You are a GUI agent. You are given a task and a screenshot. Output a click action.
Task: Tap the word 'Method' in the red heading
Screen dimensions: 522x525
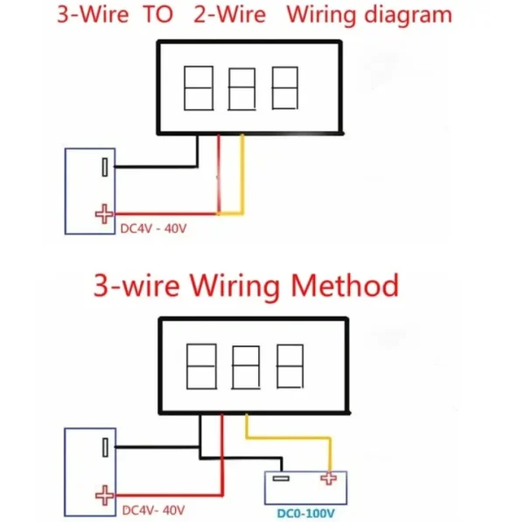click(344, 285)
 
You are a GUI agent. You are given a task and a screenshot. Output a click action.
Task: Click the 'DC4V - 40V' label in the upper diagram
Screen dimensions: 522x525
click(153, 229)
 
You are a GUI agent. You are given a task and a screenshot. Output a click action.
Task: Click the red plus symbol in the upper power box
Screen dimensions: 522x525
click(104, 212)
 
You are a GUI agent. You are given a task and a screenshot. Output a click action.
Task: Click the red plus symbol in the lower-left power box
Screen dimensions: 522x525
click(104, 495)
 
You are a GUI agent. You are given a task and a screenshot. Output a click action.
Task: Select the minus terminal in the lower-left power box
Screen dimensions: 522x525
click(105, 447)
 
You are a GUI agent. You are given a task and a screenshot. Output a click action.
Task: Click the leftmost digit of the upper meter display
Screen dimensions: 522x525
click(199, 87)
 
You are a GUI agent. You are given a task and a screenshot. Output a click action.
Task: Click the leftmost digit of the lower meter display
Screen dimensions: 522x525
click(201, 365)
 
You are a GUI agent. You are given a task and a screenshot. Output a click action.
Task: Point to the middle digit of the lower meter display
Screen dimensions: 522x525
click(246, 367)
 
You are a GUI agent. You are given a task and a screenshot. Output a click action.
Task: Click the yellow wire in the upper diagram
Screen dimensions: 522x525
click(241, 175)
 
